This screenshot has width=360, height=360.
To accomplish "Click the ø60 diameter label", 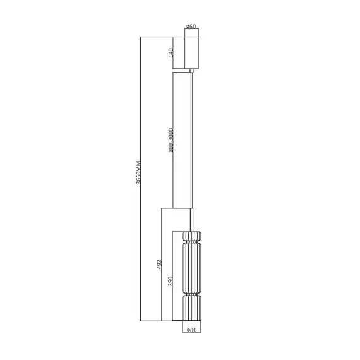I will [x=191, y=27].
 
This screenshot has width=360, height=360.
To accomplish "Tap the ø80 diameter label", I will [x=191, y=329].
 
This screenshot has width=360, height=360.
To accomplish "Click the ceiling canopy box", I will [x=191, y=50].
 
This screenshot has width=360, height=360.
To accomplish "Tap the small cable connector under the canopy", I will [x=191, y=69].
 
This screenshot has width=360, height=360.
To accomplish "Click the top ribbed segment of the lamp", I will [x=191, y=235].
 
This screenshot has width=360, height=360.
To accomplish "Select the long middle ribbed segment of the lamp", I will [x=191, y=268].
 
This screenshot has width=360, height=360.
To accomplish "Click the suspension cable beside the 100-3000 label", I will [x=191, y=139].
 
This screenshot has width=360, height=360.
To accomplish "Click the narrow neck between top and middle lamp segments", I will [x=191, y=244].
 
